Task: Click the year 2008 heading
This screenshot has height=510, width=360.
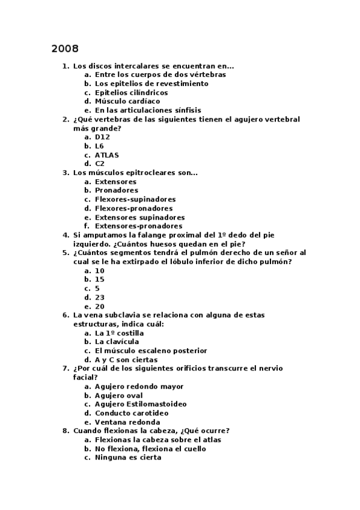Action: pyautogui.click(x=65, y=49)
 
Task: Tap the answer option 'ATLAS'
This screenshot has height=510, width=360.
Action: pyautogui.click(x=107, y=155)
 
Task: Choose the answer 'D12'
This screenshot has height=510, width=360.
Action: pyautogui.click(x=103, y=137)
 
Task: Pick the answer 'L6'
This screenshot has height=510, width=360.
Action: pyautogui.click(x=100, y=146)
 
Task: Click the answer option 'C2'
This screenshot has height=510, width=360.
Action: pyautogui.click(x=100, y=164)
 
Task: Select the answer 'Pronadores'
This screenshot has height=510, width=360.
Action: pyautogui.click(x=117, y=191)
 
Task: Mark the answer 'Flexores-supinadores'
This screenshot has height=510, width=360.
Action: pyautogui.click(x=135, y=200)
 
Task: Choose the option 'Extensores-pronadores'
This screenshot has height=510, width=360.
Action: pyautogui.click(x=139, y=226)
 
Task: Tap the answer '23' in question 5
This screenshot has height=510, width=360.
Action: pyautogui.click(x=100, y=298)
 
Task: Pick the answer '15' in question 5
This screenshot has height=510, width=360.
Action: pyautogui.click(x=100, y=280)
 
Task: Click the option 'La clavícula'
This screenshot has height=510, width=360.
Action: pyautogui.click(x=117, y=342)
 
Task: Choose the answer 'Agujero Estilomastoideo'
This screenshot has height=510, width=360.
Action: pyautogui.click(x=141, y=404)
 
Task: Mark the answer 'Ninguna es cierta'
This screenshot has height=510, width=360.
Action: pyautogui.click(x=128, y=458)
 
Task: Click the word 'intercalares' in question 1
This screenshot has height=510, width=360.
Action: pyautogui.click(x=133, y=66)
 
